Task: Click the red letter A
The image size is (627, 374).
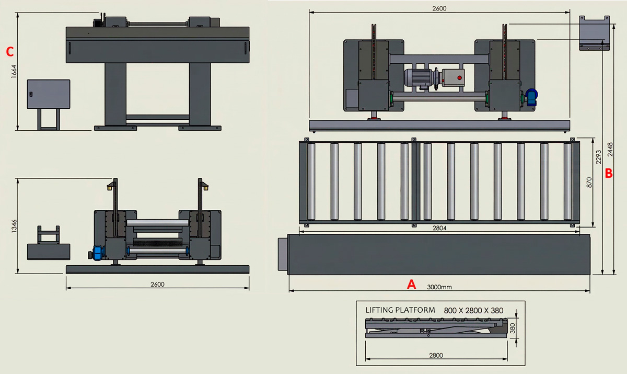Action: coord(412,284)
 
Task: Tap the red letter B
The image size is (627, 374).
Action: coord(609,173)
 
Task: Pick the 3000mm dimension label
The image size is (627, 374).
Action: coord(439,287)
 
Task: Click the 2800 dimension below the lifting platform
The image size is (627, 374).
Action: coord(436,355)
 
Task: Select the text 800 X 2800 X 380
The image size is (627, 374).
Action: coord(473,310)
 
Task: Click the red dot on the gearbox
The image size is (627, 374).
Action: coord(459,78)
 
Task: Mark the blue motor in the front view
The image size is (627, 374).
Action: coord(97,252)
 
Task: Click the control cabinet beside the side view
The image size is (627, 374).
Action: coord(48,94)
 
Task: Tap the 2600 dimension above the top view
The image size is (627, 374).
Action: coord(439,8)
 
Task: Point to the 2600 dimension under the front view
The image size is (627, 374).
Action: coord(157,284)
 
